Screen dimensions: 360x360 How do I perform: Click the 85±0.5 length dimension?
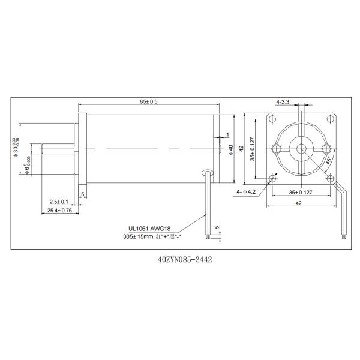(149, 102)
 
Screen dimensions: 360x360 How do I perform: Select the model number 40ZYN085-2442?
(181, 260)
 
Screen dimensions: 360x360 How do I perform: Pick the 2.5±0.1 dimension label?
(59, 201)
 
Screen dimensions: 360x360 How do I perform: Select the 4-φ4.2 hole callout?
(247, 191)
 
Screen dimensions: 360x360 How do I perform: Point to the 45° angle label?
(328, 160)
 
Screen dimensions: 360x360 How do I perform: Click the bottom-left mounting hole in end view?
(273, 178)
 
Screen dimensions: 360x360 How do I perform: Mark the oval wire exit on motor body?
(208, 172)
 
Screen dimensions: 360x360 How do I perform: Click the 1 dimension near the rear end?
(228, 134)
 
